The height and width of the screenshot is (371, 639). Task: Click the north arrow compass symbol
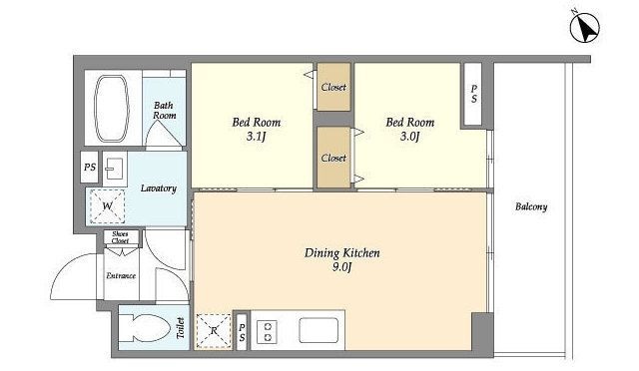coord(585,27)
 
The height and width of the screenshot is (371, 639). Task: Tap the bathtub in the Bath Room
coord(112,108)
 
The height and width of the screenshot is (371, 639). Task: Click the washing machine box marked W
coord(107,206)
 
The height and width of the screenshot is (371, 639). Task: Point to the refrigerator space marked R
coord(214,331)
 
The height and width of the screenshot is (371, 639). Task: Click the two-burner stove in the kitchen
coord(268,331)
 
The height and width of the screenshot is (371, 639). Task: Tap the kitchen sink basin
coord(319,330)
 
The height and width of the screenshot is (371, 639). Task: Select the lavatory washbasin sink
coord(114,169)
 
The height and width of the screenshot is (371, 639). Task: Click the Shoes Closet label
coord(120,237)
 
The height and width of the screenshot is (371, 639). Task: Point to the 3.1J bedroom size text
coord(256,137)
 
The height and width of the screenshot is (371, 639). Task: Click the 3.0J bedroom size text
coord(409,137)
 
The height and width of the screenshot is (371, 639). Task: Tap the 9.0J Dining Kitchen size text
coord(341,267)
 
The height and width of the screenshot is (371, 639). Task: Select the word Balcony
coord(531,206)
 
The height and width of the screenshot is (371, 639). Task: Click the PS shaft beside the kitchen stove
coord(242,332)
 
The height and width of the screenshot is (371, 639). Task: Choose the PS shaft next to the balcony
coord(473,94)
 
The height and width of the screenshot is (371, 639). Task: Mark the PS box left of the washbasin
coord(90,167)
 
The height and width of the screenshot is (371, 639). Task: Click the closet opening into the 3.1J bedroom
coord(333,87)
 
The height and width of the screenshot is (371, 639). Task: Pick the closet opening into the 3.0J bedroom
coord(333,158)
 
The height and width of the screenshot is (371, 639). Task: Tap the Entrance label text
coord(121,275)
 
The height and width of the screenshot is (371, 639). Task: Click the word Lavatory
coord(159,188)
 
